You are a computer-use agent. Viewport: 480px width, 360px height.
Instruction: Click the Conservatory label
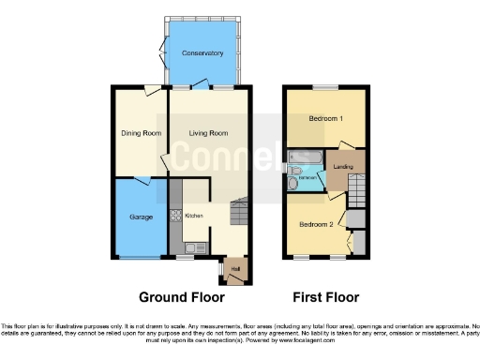click(x=203, y=53)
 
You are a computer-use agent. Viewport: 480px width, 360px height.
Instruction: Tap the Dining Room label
click(x=141, y=133)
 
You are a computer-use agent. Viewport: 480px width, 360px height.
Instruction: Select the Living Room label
click(x=209, y=133)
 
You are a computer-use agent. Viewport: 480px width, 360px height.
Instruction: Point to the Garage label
click(x=141, y=217)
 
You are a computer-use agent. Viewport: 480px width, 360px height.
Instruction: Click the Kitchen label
click(x=194, y=216)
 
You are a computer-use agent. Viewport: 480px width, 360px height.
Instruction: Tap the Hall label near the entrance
click(x=235, y=269)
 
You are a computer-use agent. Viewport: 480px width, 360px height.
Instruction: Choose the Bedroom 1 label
click(x=325, y=119)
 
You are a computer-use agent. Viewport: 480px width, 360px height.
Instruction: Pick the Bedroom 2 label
click(x=316, y=225)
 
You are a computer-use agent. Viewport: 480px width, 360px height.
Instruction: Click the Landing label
click(x=343, y=165)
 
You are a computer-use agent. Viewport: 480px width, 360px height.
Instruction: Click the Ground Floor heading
click(x=182, y=297)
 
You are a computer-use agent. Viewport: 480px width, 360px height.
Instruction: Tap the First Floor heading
click(x=326, y=297)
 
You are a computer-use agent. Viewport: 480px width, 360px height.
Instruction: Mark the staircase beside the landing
click(x=356, y=195)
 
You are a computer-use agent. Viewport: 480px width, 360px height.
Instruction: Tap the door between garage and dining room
click(x=141, y=178)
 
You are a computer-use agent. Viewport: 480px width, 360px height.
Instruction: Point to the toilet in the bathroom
click(x=293, y=186)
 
